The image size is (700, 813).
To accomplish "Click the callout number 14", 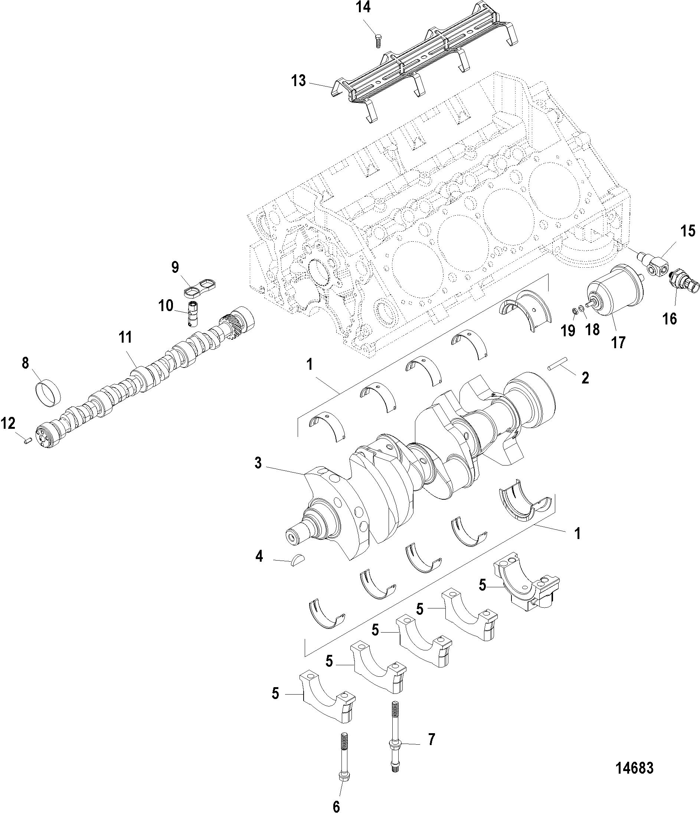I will pyautogui.click(x=363, y=7).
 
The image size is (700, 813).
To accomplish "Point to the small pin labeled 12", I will pyautogui.click(x=27, y=441).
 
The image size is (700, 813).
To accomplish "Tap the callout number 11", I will pyautogui.click(x=125, y=337).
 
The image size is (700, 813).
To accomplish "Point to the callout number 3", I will pyautogui.click(x=258, y=463).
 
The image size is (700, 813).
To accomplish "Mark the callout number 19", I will pyautogui.click(x=567, y=331).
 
